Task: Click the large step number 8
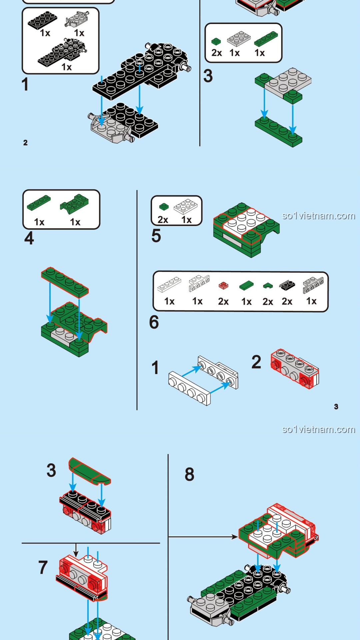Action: coord(189,474)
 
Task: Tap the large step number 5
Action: coord(156,236)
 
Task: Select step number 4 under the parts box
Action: coord(29,238)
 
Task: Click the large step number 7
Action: coord(43,567)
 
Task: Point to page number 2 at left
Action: coord(25,143)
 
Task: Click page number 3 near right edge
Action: coord(336,406)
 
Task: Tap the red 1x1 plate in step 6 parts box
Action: coord(223,286)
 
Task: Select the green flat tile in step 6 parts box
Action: coord(246,285)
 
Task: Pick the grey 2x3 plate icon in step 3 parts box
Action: coord(239,39)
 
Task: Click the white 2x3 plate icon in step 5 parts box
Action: coord(186,207)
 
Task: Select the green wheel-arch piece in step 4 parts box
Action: coord(75,203)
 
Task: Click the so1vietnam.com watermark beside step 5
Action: coord(318,216)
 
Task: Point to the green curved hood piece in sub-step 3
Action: coord(89,471)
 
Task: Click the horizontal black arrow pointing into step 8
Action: coord(203,537)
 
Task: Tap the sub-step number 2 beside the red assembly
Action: coord(256,362)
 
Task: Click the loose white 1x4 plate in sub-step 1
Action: coord(189,389)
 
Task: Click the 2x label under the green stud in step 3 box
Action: coord(217,53)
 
